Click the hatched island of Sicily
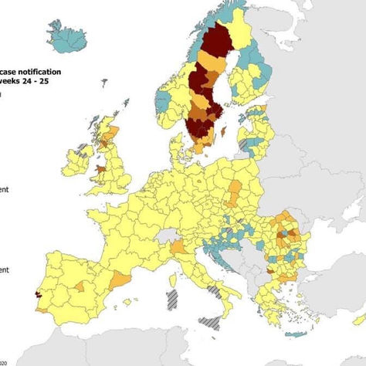tap(210, 320)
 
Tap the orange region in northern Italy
tap(178, 248)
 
